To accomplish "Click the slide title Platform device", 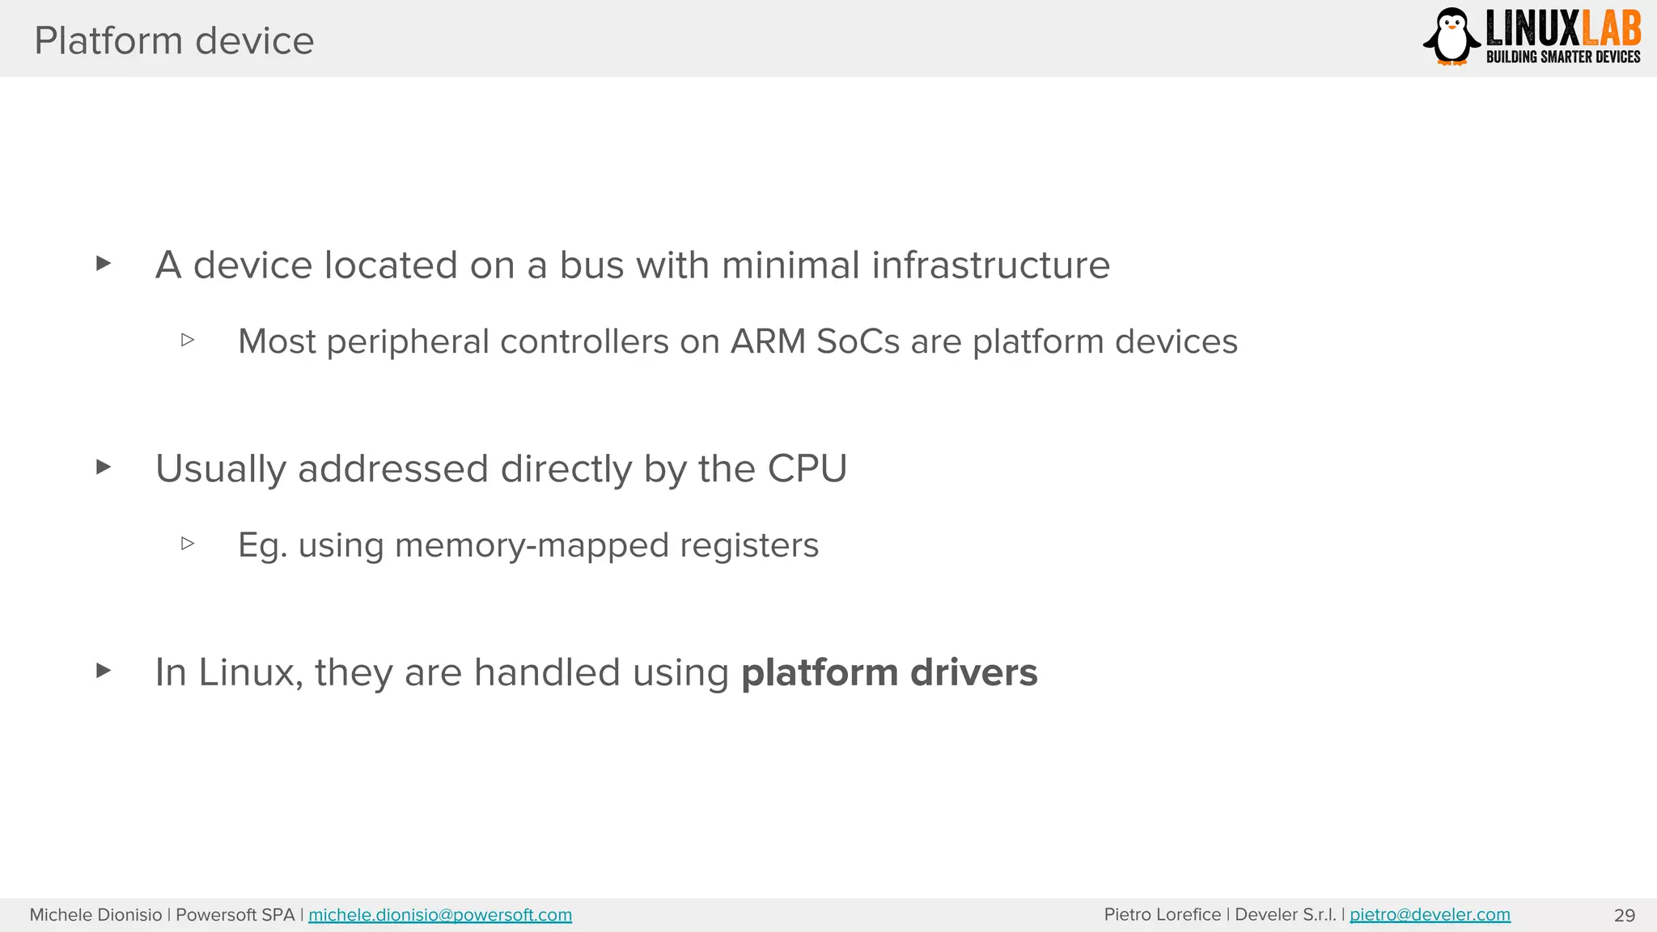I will click(x=174, y=40).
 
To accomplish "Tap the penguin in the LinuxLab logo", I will click(x=1452, y=37).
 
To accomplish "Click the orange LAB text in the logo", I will click(x=1611, y=29).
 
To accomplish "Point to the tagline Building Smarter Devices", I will click(x=1562, y=57).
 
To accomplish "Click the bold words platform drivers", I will click(x=888, y=672).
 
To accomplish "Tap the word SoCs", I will click(x=858, y=341).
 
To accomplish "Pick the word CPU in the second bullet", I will click(x=807, y=468).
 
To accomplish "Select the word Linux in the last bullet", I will click(x=249, y=672).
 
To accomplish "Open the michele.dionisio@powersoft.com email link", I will click(x=440, y=915).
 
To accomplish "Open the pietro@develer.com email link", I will click(x=1430, y=915).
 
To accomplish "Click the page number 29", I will click(x=1624, y=916).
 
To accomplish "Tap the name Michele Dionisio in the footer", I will click(x=95, y=915).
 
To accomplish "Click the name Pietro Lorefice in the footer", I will click(x=1162, y=915).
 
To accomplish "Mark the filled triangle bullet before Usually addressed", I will click(x=103, y=467).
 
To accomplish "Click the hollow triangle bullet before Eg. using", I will click(x=188, y=544).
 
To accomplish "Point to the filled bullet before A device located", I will click(x=103, y=263).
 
